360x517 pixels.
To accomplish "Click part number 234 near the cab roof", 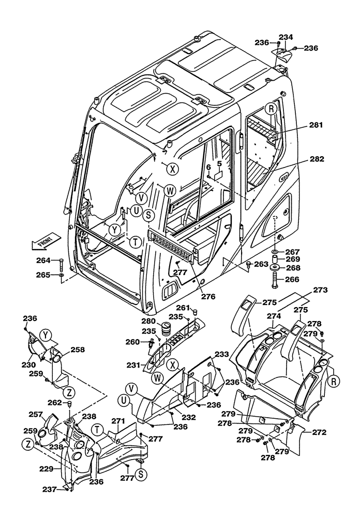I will click(286, 37).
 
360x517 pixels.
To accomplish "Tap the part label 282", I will click(317, 159).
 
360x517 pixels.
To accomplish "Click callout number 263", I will click(261, 264).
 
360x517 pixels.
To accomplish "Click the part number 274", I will click(274, 315).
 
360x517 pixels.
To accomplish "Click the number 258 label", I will click(78, 349).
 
